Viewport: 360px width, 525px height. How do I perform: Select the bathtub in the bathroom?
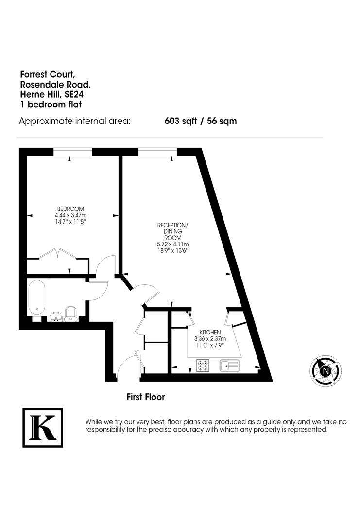coord(37,297)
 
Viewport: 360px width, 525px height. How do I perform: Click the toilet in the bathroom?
coord(70,314)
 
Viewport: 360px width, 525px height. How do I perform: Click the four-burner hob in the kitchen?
coord(203,366)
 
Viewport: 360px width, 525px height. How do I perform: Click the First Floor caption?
coord(146,397)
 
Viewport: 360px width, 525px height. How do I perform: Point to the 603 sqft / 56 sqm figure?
coord(201,121)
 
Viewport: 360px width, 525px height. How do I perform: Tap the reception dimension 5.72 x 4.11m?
coord(172,244)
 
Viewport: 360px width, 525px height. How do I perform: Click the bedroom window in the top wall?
coord(72,152)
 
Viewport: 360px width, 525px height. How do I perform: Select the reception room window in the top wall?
coord(157,152)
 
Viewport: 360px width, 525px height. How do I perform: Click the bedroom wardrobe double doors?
coord(58,254)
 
